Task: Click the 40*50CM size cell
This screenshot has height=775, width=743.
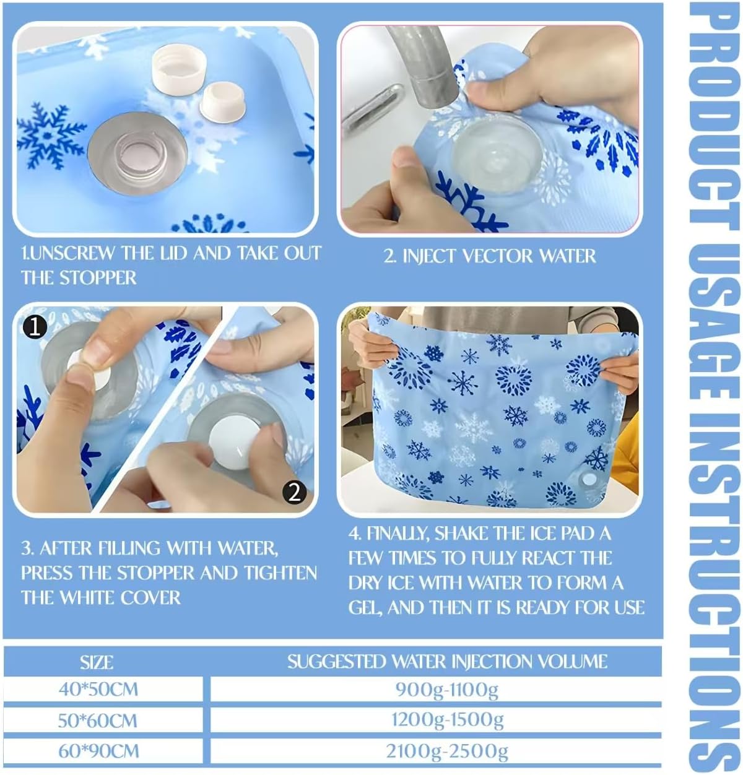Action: point(103,690)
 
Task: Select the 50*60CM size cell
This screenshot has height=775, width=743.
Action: point(103,721)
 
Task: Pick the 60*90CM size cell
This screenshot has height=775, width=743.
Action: point(103,751)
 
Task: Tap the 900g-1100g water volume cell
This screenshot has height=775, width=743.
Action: point(436,690)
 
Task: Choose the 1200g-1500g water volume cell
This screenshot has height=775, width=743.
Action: point(436,721)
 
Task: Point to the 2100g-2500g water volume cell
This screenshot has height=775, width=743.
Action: point(436,751)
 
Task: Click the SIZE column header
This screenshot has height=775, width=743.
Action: point(97,662)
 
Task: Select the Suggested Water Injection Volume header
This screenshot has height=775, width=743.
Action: point(447,662)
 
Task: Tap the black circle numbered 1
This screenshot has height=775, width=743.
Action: point(34,327)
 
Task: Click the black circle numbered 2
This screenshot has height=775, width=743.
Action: point(295,493)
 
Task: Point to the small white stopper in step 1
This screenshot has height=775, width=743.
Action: point(222,102)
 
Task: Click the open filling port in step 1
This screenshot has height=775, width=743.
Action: point(137,154)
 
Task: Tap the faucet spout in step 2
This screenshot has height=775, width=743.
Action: point(424,67)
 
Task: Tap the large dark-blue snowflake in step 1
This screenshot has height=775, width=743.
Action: point(50,136)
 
